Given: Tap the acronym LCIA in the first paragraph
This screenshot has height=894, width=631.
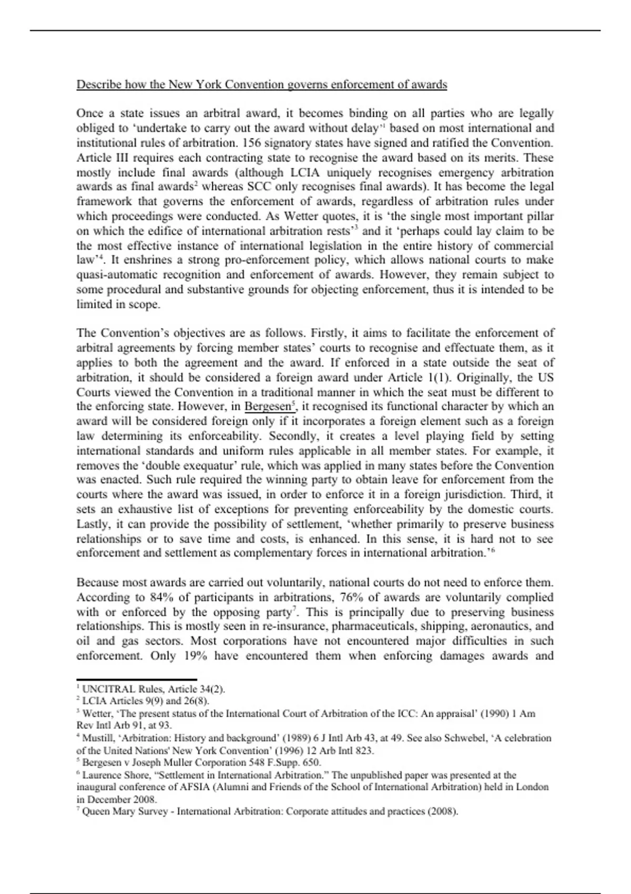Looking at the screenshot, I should pos(301,172).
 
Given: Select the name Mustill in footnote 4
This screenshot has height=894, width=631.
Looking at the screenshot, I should pos(97,738).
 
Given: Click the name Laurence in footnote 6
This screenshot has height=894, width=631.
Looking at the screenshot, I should pos(101,775).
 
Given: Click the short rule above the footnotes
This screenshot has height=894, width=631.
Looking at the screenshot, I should pos(137,679).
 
